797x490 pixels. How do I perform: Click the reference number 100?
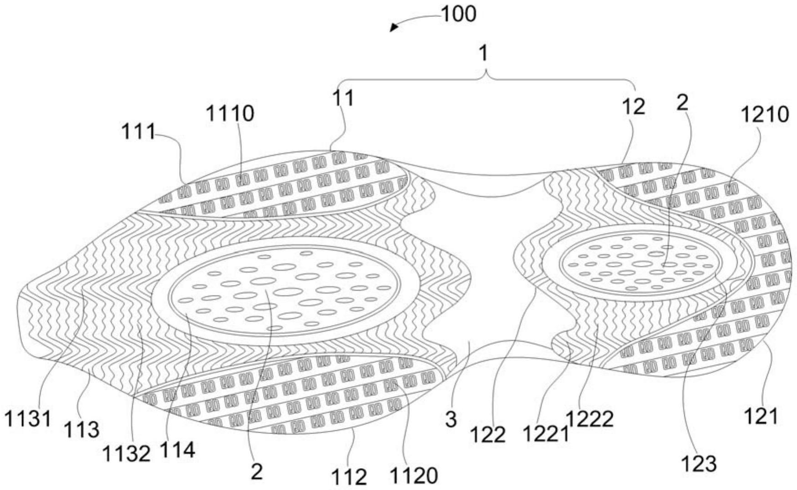(459, 14)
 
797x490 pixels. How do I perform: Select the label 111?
(138, 132)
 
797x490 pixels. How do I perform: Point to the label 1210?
(765, 114)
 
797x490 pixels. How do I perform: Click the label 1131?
(28, 418)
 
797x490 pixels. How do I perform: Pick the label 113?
(82, 429)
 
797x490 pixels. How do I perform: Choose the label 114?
(177, 450)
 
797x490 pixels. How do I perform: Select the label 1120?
(414, 476)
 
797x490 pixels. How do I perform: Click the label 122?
(488, 435)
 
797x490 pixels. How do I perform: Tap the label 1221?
(545, 434)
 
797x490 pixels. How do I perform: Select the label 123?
(699, 464)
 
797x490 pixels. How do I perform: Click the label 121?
(761, 416)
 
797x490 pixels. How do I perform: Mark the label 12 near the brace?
(633, 107)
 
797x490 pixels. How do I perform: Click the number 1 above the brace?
(484, 54)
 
